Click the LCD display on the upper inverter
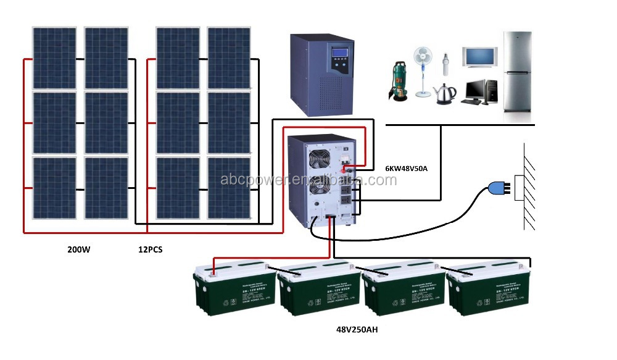[x=341, y=52]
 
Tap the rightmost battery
[x=487, y=287]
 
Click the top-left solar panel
[x=54, y=58]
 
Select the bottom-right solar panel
[x=230, y=188]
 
